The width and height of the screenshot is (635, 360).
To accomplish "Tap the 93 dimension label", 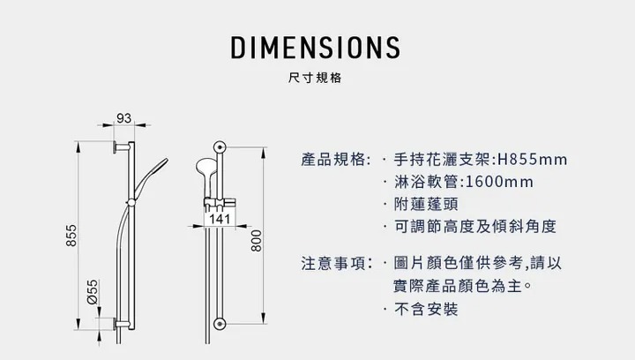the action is [123, 118].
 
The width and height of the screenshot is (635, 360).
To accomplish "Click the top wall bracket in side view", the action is [118, 146].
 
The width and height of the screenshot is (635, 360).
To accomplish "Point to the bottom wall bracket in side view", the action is [117, 323].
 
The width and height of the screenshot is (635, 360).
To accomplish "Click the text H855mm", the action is [533, 160].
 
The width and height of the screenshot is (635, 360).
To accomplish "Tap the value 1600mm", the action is [498, 182].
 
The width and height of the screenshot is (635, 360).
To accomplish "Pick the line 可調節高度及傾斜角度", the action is [474, 227].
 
